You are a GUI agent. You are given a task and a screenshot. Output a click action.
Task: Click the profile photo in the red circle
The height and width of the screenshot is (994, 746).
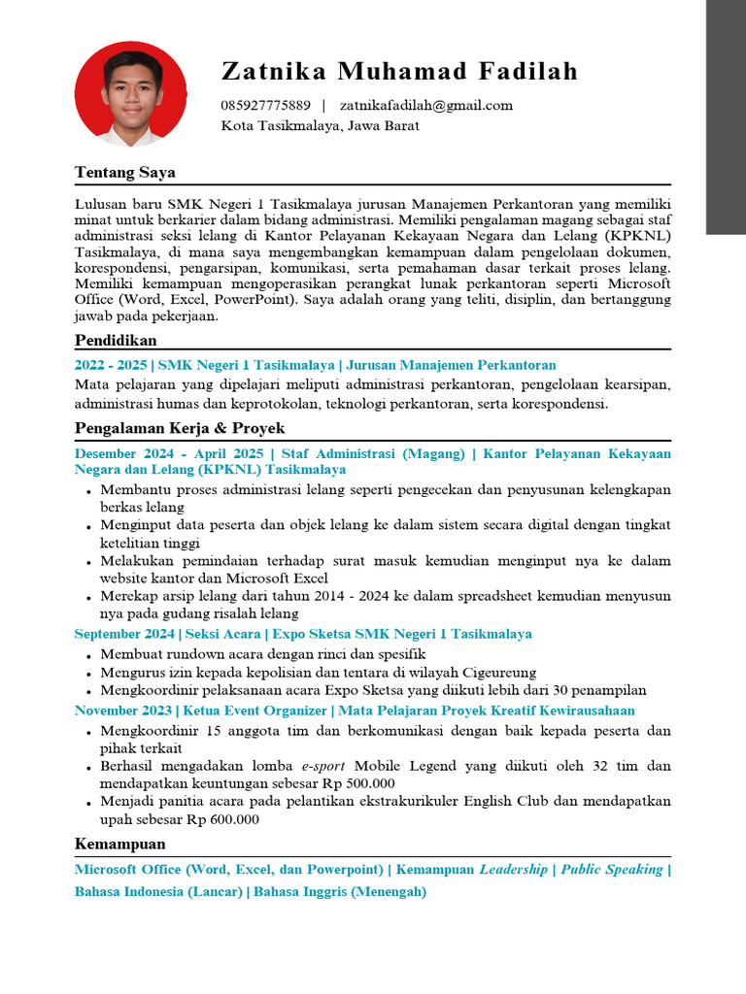click(x=131, y=94)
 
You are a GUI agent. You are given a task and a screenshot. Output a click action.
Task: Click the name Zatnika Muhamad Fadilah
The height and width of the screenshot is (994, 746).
click(x=399, y=71)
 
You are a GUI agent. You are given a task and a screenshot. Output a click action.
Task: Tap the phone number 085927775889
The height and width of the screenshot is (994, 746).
click(x=265, y=105)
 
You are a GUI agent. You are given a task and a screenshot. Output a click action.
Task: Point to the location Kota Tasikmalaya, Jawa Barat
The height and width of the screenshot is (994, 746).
click(x=320, y=125)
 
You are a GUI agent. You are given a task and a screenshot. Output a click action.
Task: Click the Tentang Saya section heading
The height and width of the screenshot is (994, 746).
click(x=125, y=173)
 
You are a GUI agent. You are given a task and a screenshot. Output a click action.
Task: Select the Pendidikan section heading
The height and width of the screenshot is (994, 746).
click(x=116, y=340)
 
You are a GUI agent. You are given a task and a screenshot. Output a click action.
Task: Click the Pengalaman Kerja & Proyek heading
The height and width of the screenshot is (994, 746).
click(x=180, y=428)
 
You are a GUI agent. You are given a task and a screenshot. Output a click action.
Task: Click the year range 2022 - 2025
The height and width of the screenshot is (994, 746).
click(x=111, y=365)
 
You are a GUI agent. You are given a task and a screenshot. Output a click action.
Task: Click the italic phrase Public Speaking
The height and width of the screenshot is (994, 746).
click(x=612, y=870)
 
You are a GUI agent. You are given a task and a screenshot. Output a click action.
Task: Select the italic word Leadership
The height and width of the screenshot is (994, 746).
click(x=513, y=870)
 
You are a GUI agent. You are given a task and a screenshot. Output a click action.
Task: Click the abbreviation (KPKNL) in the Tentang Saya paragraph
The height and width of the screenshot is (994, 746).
click(x=637, y=236)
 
